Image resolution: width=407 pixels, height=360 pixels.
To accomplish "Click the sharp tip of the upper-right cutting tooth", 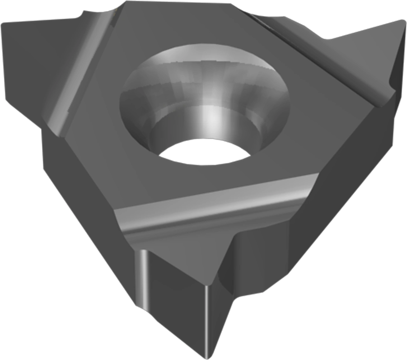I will [x=401, y=21].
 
